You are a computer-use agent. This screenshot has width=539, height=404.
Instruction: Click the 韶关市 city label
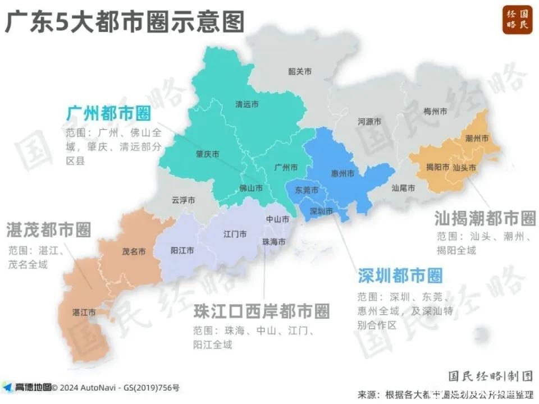pos(300,71)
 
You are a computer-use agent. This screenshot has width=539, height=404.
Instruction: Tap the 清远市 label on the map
pos(247,104)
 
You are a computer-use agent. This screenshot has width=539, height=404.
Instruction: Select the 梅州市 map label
pos(436,112)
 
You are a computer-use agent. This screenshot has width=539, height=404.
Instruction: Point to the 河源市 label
pos(370,122)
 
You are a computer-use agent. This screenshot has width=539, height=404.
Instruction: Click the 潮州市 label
pos(477,138)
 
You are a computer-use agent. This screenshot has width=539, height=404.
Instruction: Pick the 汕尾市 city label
pos(403,189)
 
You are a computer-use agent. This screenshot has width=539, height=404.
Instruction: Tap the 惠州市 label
pos(343,174)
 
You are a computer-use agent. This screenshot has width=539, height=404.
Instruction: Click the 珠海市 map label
pos(273,241)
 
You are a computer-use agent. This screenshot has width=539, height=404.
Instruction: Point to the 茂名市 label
pos(134,252)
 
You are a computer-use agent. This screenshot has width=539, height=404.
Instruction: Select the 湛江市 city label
pos(84,312)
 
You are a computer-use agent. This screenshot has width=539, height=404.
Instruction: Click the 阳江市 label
pos(182,250)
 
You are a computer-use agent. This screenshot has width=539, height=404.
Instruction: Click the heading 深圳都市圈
pos(400,276)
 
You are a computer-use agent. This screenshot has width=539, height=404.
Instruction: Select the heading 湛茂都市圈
pos(49,229)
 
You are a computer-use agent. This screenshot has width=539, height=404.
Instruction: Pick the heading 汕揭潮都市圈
pos(485,218)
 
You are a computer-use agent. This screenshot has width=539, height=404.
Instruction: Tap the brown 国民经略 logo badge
pos(517,21)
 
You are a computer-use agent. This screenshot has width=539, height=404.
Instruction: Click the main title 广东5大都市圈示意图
pos(125,22)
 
